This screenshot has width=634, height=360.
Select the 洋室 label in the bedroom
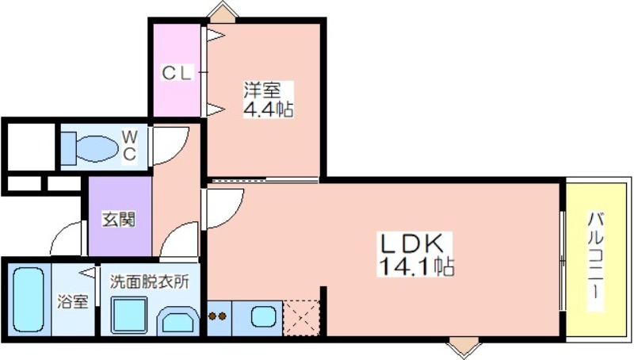(262, 90)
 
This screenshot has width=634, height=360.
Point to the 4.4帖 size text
(269, 109)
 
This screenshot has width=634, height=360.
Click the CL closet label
(176, 73)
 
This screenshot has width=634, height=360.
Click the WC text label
(129, 145)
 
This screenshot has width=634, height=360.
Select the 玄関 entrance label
(118, 220)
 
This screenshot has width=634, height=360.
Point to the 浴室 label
(72, 301)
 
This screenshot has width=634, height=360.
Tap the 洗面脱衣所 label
(150, 281)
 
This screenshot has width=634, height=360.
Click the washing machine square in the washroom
(129, 316)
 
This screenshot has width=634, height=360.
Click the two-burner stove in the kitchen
(217, 316)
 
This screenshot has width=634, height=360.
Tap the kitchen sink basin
(263, 316)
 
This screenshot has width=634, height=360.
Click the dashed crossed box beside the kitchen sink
(302, 318)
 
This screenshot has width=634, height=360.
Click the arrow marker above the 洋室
(223, 11)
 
